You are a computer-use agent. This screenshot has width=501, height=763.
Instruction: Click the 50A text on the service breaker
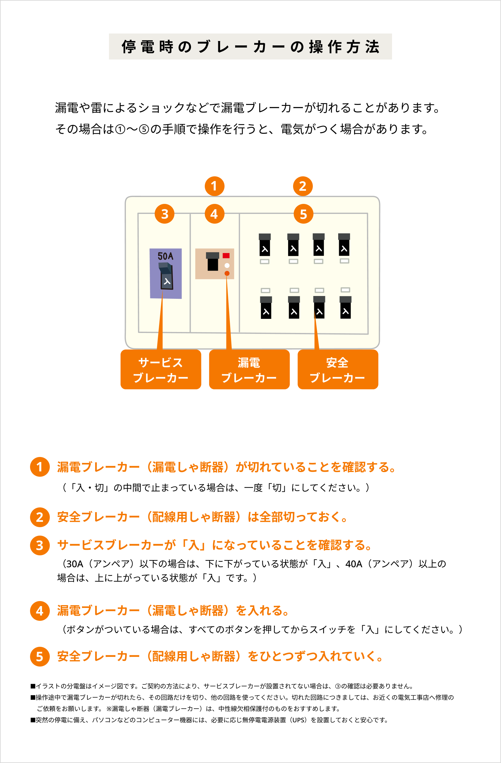click(x=165, y=256)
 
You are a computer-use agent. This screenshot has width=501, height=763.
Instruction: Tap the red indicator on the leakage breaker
click(x=226, y=256)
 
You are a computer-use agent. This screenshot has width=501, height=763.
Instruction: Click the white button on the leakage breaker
click(x=227, y=265)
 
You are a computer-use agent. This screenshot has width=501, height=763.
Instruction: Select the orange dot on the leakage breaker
click(x=227, y=273)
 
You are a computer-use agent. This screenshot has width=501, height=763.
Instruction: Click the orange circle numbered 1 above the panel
click(x=214, y=186)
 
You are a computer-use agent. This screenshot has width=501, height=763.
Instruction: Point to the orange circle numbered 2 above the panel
click(x=302, y=186)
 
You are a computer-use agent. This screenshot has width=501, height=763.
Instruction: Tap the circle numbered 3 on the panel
click(x=164, y=214)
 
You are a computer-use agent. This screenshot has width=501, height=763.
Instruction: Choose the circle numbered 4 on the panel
click(x=214, y=214)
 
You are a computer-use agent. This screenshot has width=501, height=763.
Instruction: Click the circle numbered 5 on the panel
click(x=303, y=214)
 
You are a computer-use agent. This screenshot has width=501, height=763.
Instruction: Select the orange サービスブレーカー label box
click(x=161, y=370)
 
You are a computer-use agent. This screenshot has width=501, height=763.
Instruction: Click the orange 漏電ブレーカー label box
click(x=249, y=370)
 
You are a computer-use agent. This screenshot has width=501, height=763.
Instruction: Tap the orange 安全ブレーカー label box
click(x=338, y=370)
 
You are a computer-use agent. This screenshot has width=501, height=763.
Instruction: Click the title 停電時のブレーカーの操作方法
click(x=250, y=47)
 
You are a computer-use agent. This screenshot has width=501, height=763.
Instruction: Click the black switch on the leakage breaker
click(x=213, y=262)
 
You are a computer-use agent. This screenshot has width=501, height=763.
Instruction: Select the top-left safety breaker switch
click(x=265, y=245)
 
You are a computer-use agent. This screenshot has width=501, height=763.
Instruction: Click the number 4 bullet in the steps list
click(x=40, y=611)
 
